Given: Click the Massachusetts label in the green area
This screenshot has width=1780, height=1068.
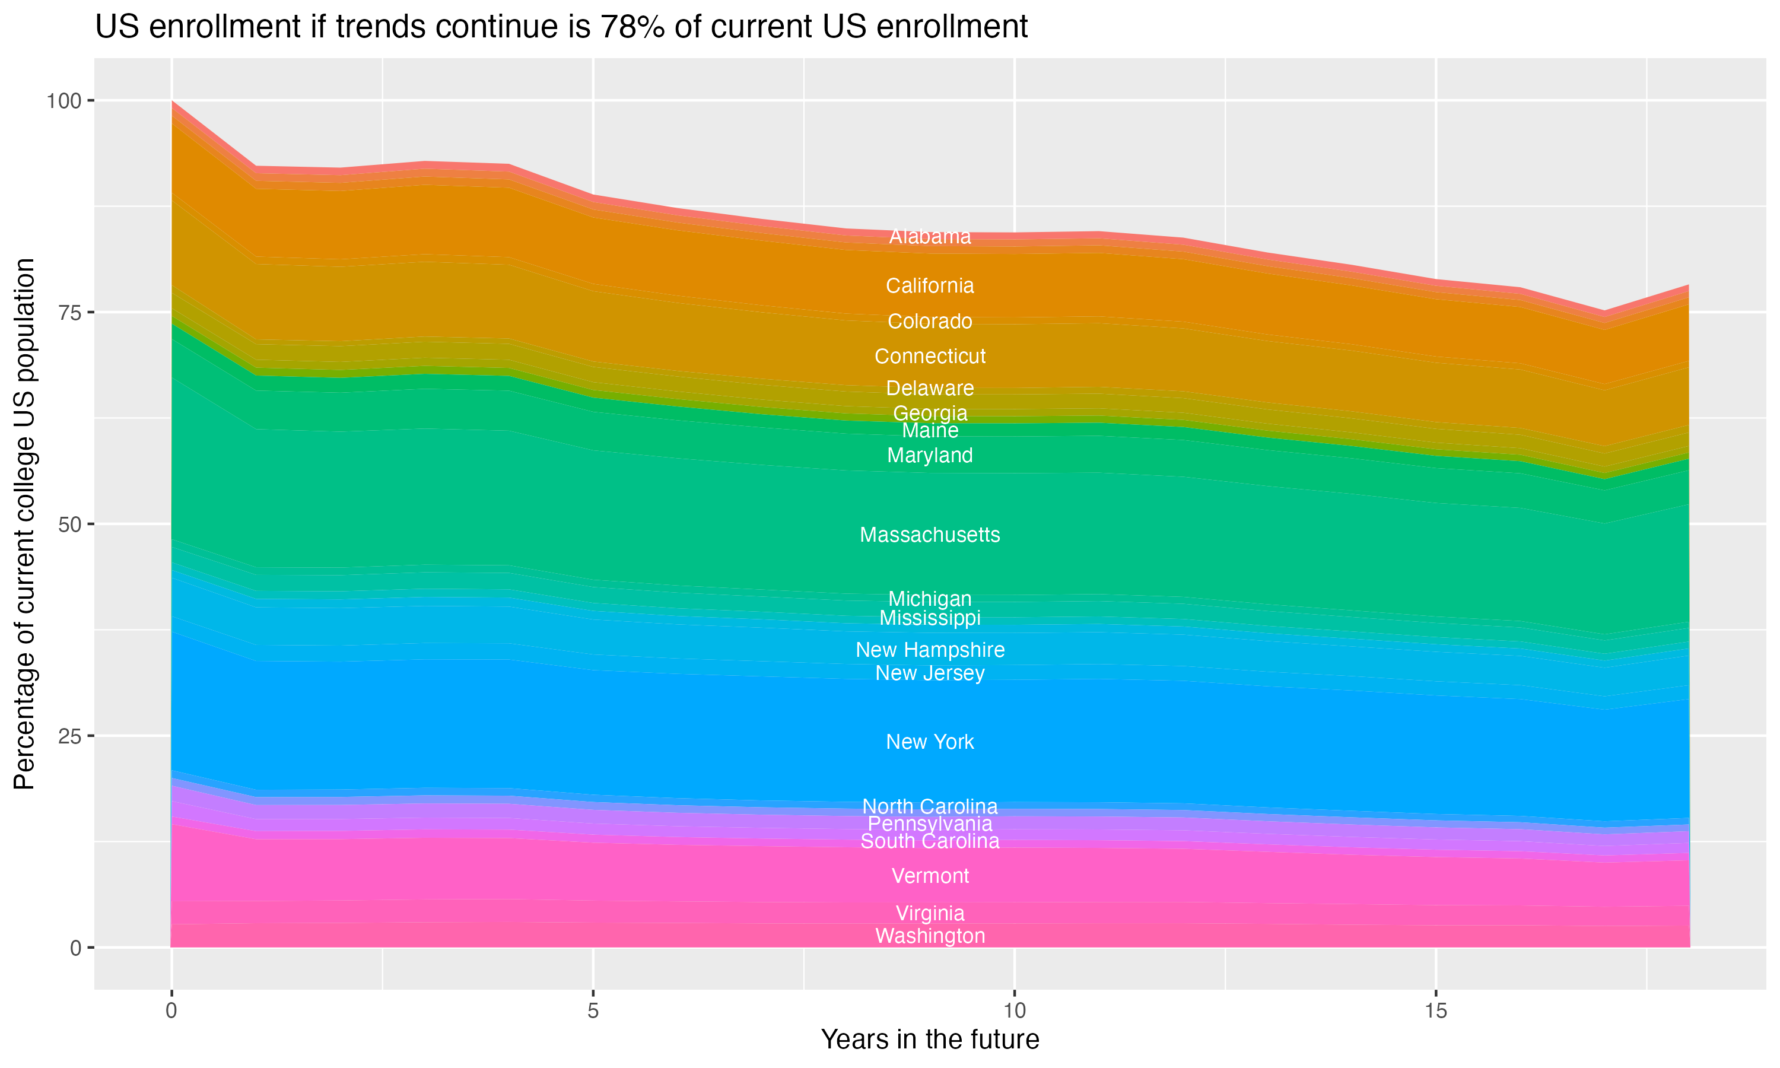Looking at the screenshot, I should pyautogui.click(x=930, y=535).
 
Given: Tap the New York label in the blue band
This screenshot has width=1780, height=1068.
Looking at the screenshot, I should pyautogui.click(x=930, y=742).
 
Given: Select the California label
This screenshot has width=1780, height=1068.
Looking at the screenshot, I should pyautogui.click(x=930, y=286).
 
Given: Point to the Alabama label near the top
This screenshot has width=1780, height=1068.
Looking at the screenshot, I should pyautogui.click(x=930, y=236).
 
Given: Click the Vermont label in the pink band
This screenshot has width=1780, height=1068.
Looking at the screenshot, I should pyautogui.click(x=930, y=876).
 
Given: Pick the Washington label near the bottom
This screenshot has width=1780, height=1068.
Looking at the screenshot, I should pyautogui.click(x=930, y=936).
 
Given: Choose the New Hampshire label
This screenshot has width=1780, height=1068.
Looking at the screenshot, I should pyautogui.click(x=930, y=650).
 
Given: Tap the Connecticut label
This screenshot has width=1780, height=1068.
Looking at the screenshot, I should pyautogui.click(x=930, y=356).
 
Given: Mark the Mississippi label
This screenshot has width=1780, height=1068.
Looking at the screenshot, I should pyautogui.click(x=930, y=618).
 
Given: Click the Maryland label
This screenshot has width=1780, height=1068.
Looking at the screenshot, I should pyautogui.click(x=930, y=456).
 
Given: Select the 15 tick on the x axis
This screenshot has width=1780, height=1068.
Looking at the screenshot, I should pyautogui.click(x=1435, y=1011).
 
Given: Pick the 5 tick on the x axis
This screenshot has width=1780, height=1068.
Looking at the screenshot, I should pyautogui.click(x=593, y=1011).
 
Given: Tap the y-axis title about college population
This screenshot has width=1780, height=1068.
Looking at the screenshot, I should pyautogui.click(x=24, y=524).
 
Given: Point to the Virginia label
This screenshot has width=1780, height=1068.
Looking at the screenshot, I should pyautogui.click(x=930, y=913).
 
